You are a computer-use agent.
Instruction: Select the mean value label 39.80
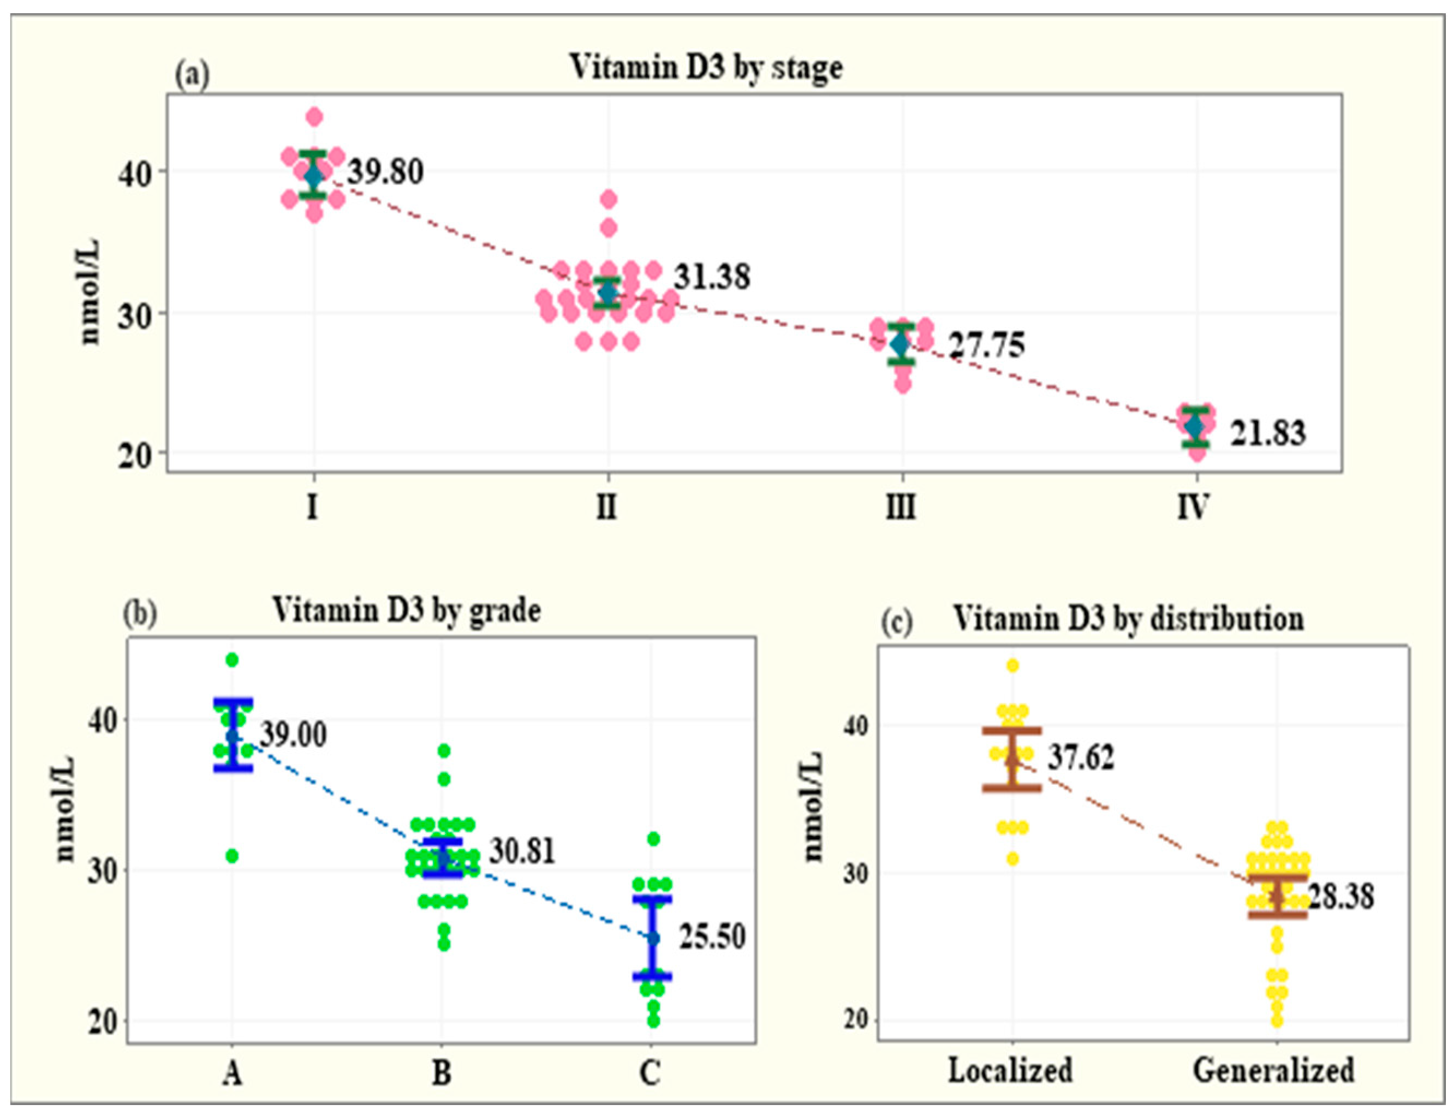[386, 172]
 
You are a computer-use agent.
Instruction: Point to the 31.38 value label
[712, 277]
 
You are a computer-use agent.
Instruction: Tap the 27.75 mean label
[986, 345]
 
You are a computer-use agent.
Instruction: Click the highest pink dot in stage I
[314, 117]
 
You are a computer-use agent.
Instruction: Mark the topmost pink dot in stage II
[609, 199]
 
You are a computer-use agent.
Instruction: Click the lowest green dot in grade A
[232, 856]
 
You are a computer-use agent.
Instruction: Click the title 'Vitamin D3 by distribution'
[1129, 618]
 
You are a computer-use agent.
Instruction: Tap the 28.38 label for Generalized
[1340, 896]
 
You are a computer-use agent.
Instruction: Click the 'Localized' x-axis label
[1010, 1071]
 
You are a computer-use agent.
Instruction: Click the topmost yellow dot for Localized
[1012, 666]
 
